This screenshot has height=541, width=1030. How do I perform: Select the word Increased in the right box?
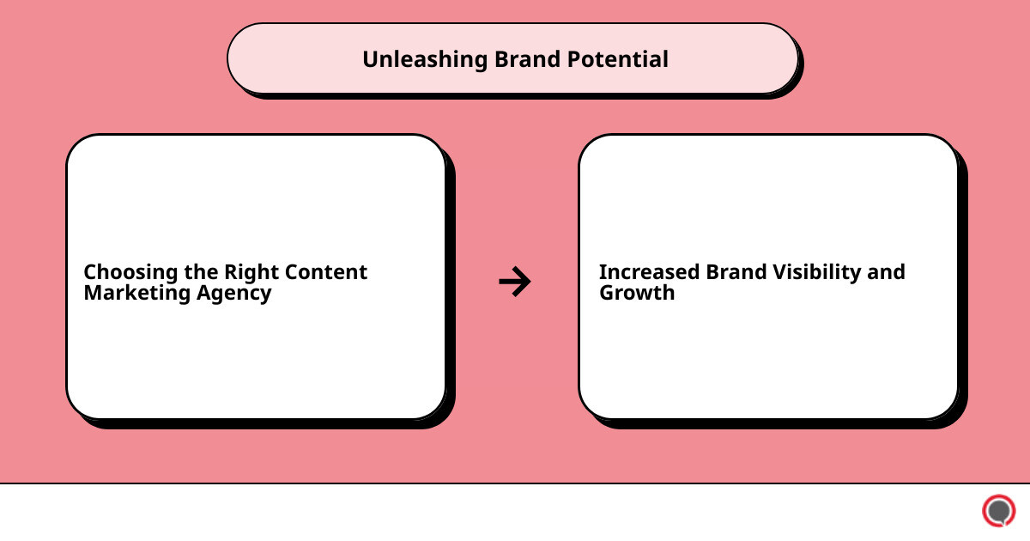pos(649,272)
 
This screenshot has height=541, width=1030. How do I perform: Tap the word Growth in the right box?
pos(637,293)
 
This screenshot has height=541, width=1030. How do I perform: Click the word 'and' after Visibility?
pos(886,272)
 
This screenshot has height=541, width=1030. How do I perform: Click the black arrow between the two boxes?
pos(515,281)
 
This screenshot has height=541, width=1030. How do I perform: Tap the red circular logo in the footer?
pos(998,511)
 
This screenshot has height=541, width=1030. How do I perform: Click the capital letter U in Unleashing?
pos(369,59)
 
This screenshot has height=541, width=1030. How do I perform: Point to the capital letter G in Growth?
pos(607,293)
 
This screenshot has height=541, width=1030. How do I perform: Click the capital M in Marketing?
pos(93,293)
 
